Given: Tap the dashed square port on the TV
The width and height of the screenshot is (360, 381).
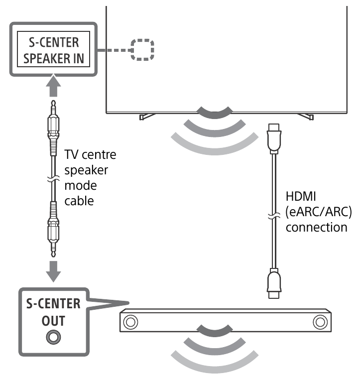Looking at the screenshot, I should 142,50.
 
